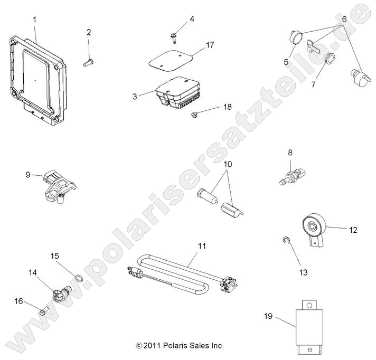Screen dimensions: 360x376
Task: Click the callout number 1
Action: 35,20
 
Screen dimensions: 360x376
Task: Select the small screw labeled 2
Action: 88,63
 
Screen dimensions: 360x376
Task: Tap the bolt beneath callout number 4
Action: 173,36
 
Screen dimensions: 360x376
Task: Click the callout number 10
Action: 228,164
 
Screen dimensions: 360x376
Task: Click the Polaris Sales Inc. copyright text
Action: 180,346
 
